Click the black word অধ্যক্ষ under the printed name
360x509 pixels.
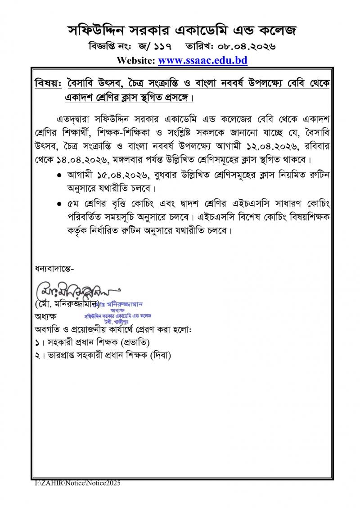coord(45,316)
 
